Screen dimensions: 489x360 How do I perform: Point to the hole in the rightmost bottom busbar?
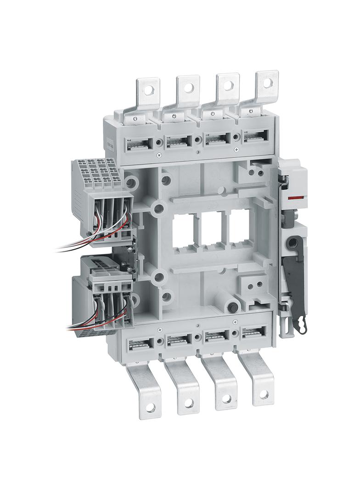(x=263, y=394)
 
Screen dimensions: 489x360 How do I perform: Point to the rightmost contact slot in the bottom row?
(x=254, y=333)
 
